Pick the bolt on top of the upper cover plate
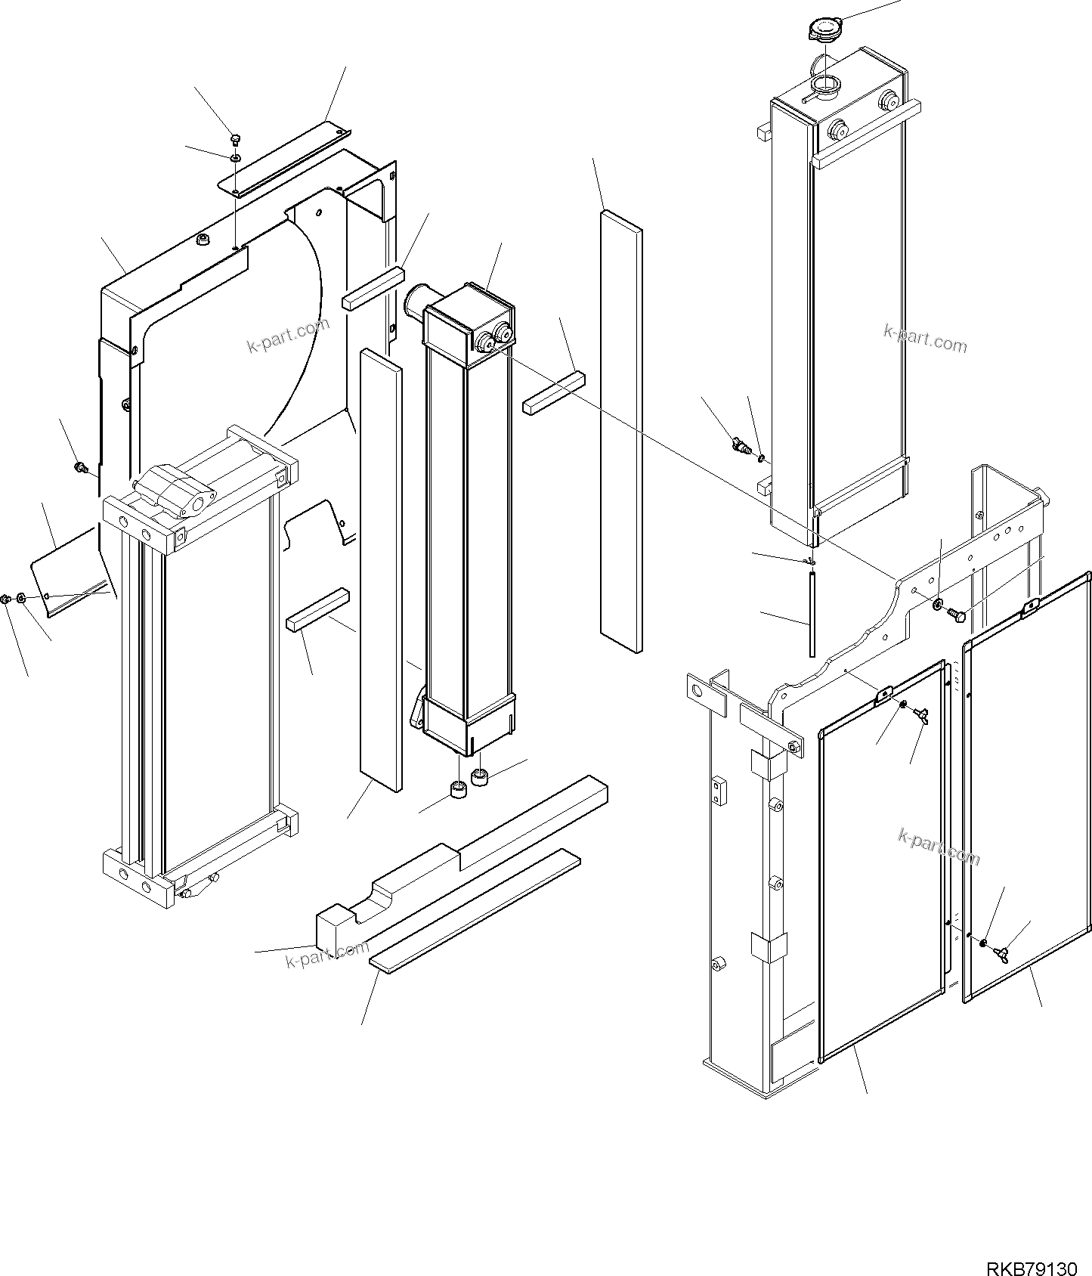click(236, 138)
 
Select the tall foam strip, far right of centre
click(621, 431)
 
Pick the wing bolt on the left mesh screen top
click(920, 714)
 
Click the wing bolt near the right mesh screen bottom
click(1003, 955)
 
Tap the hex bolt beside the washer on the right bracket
click(956, 615)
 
